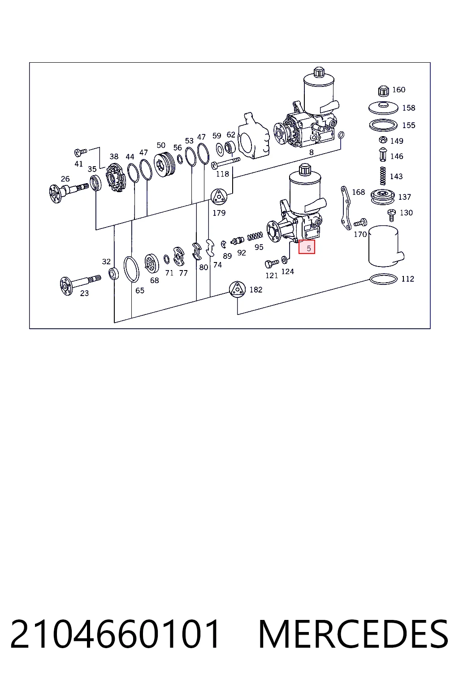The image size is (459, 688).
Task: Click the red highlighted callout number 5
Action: pyautogui.click(x=309, y=248)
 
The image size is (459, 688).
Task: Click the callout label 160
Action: pyautogui.click(x=399, y=90)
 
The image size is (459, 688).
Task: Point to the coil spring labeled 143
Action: pyautogui.click(x=382, y=176)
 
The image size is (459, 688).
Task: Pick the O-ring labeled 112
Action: pyautogui.click(x=383, y=279)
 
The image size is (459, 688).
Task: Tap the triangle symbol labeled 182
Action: pyautogui.click(x=237, y=289)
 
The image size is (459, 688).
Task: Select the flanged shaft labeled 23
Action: pyautogui.click(x=80, y=283)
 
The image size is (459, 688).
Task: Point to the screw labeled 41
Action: pyautogui.click(x=81, y=152)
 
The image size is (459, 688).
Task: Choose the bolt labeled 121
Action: pyautogui.click(x=272, y=263)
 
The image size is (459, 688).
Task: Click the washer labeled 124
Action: pyautogui.click(x=285, y=260)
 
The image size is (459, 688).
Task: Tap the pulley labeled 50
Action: pyautogui.click(x=165, y=164)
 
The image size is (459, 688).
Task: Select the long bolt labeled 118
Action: pyautogui.click(x=226, y=163)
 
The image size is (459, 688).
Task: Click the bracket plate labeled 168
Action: pyautogui.click(x=346, y=208)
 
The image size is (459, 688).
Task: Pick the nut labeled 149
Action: pyautogui.click(x=383, y=140)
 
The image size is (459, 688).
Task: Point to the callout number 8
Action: pyautogui.click(x=312, y=152)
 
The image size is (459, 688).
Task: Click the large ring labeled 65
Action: pyautogui.click(x=131, y=269)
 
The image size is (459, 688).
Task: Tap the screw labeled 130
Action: pyautogui.click(x=392, y=215)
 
